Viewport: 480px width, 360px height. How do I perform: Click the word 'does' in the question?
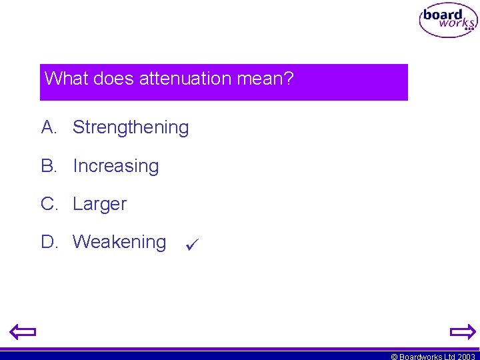(x=114, y=79)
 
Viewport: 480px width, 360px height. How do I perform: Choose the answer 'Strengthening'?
(x=131, y=127)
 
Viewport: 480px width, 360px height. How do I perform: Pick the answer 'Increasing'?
(x=115, y=166)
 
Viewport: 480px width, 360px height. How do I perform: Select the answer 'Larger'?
(x=99, y=204)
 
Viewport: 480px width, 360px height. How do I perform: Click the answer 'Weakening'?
(x=119, y=242)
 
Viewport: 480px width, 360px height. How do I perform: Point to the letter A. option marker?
(x=50, y=127)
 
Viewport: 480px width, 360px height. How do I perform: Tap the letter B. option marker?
(x=50, y=166)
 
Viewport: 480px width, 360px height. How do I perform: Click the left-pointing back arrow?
(x=23, y=331)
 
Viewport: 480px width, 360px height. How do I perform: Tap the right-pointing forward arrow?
(x=462, y=331)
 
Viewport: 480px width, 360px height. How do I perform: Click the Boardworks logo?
(x=448, y=21)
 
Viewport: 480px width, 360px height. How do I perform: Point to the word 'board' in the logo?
(x=443, y=15)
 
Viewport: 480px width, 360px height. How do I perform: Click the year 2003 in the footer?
(x=466, y=357)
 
